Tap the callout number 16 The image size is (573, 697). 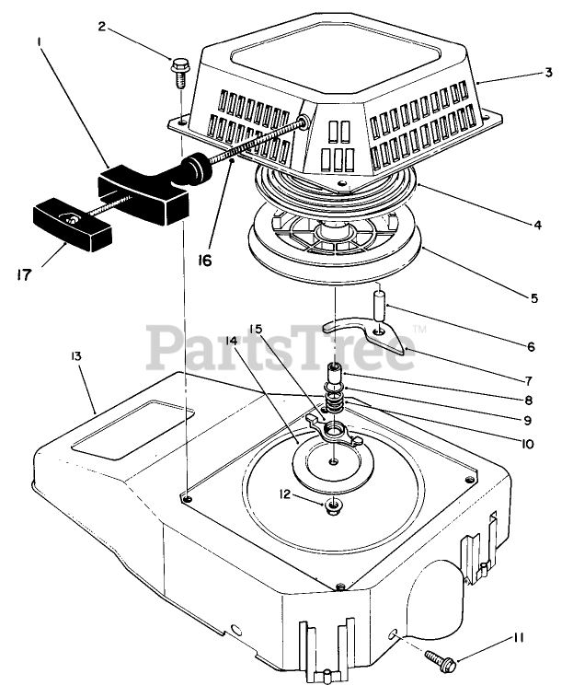point(204,261)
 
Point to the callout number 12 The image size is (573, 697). point(285,494)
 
